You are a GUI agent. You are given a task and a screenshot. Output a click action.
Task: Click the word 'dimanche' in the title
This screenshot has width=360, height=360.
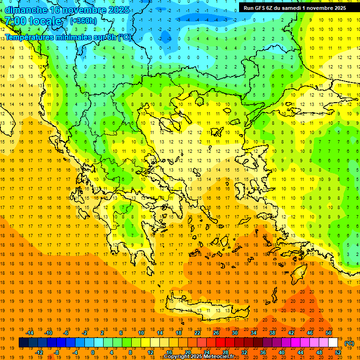26,10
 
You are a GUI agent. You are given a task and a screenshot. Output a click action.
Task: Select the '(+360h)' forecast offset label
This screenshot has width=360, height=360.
83,21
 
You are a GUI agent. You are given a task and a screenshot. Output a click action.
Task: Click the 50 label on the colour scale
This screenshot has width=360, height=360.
329,333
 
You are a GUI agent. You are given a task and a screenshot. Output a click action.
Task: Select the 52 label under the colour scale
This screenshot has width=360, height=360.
338,352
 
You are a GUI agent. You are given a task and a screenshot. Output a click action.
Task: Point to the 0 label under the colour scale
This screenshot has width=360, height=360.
93,352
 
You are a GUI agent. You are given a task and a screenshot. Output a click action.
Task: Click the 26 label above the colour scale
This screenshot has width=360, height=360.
216,333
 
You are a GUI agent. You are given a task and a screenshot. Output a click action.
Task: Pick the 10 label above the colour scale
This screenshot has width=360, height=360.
141,333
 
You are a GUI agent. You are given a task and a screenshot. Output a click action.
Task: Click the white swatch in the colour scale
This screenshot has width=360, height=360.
333,343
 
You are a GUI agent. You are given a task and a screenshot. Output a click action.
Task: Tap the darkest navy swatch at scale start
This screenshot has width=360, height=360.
23,343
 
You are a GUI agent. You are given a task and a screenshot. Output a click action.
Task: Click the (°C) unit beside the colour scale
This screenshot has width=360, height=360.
349,343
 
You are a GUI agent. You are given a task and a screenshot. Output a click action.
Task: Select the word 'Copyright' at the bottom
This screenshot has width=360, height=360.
178,357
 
